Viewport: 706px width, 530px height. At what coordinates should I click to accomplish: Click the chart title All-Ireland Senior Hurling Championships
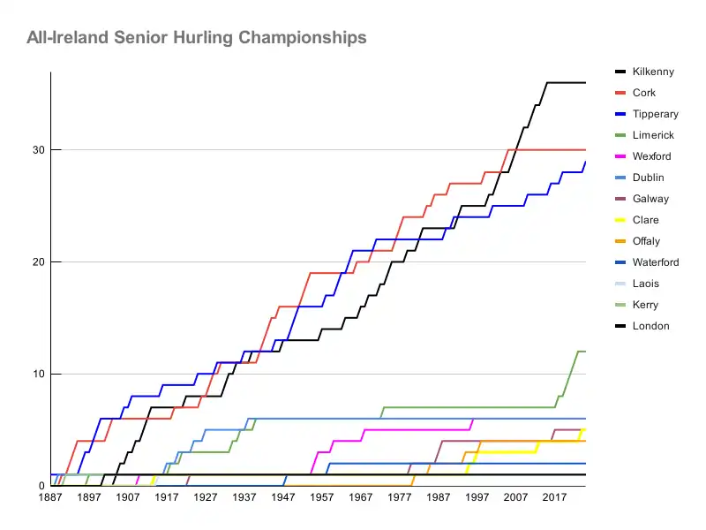[196, 38]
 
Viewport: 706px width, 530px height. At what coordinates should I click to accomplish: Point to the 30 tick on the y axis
[39, 150]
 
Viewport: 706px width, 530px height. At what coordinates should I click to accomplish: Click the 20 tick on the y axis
[39, 262]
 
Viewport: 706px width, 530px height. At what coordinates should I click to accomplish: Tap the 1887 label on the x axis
[50, 498]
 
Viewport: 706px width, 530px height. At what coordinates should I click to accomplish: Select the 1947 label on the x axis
[283, 498]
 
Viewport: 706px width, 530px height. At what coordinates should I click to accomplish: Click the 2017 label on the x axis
[555, 498]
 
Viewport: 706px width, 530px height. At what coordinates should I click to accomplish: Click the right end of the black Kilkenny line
[585, 82]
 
